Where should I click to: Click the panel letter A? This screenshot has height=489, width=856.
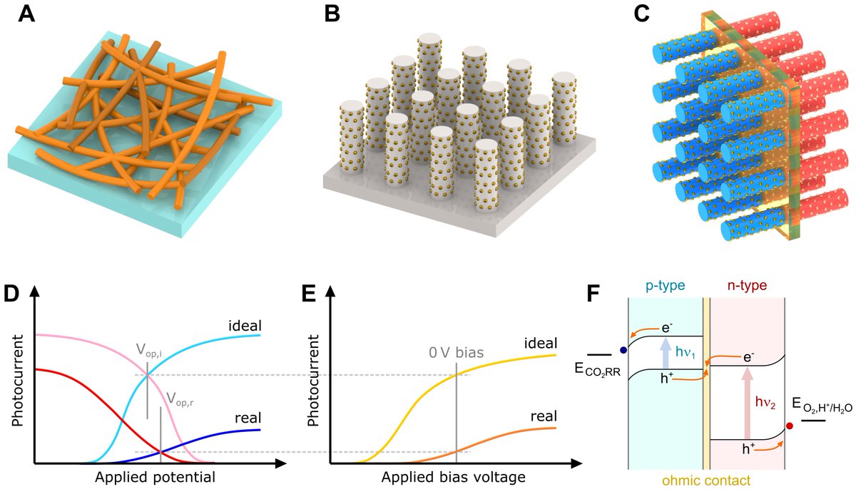click(26, 14)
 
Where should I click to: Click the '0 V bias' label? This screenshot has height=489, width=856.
click(457, 351)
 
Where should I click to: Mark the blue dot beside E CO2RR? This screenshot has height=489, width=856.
click(623, 350)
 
